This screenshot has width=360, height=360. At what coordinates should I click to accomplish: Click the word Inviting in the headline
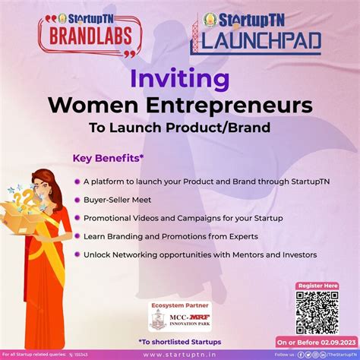179,79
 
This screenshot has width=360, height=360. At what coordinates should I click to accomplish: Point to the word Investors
295,254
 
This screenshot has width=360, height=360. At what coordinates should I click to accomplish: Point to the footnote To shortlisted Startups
179,340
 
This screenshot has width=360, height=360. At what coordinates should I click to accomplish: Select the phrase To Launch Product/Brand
179,126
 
